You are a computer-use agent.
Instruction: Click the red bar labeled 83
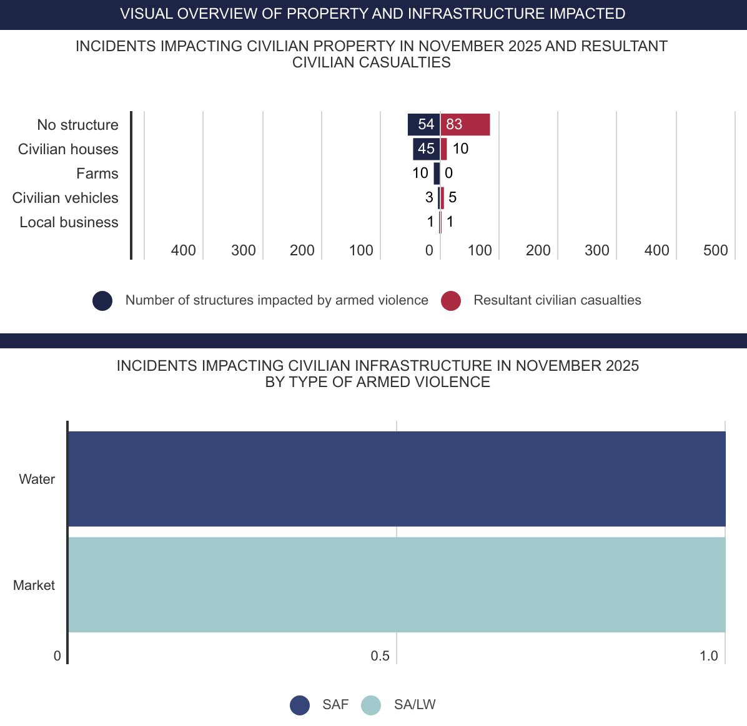coord(465,124)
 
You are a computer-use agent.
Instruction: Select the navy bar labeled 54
coord(423,124)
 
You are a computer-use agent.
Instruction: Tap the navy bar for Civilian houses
coord(426,149)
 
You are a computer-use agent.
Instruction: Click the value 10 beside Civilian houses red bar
coord(460,149)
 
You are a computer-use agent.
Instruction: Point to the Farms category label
coord(97,174)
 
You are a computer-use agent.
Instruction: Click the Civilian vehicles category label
coord(66,198)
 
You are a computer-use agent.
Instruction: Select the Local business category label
coord(69,222)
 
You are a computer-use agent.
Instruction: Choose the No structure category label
coord(77,125)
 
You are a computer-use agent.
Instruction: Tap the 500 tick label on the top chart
coord(715,250)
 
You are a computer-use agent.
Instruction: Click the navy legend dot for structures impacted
coord(102,300)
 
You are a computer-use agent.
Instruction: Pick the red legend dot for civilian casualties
coord(451,300)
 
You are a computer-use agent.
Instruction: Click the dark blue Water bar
coord(397,479)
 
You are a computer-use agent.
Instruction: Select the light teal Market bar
coord(397,585)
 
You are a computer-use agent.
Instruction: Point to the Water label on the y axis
coord(37,479)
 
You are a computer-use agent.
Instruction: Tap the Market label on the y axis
coord(34,586)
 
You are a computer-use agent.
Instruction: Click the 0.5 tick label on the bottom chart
coord(380,656)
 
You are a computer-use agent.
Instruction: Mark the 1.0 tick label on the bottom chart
coord(708,656)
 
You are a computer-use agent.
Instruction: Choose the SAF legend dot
coord(300,705)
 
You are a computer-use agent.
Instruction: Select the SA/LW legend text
coord(415,705)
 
